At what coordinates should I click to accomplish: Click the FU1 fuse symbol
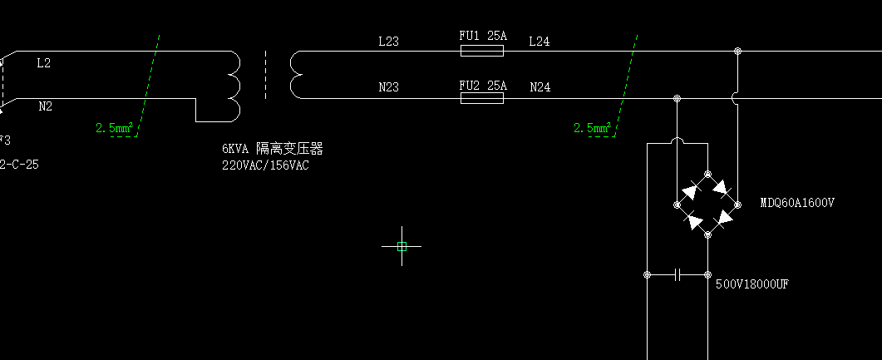click(482, 51)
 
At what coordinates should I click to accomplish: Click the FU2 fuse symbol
click(482, 98)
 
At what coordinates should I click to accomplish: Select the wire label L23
click(388, 41)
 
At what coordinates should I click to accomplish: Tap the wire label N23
click(388, 87)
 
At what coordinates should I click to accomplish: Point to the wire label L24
click(540, 41)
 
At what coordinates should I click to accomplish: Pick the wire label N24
click(540, 87)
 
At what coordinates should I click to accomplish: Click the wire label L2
click(44, 63)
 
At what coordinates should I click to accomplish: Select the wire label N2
click(45, 106)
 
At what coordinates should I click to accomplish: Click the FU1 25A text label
click(483, 37)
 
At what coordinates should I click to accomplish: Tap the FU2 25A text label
click(483, 85)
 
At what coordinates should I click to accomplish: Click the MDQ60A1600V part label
click(797, 203)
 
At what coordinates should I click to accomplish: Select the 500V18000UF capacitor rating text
click(752, 284)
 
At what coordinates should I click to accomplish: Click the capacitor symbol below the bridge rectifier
click(678, 274)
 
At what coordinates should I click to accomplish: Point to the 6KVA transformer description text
click(272, 149)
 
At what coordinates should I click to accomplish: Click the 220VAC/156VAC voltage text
click(265, 165)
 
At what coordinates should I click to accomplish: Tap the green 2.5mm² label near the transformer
click(115, 128)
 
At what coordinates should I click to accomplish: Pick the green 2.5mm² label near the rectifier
click(593, 128)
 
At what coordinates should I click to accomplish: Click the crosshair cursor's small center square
click(402, 246)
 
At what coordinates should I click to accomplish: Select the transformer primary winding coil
click(233, 86)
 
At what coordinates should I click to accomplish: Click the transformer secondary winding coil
click(295, 75)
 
